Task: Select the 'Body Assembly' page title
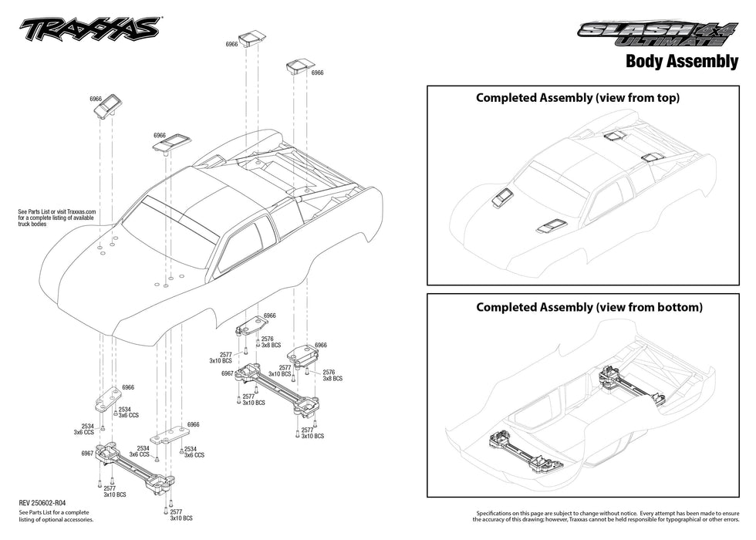click(681, 62)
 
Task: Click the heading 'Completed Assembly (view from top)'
click(578, 98)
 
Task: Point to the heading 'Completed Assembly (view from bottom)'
click(589, 307)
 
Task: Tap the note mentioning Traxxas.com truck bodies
click(56, 217)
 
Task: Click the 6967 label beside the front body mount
click(87, 454)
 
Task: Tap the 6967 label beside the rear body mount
click(227, 373)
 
